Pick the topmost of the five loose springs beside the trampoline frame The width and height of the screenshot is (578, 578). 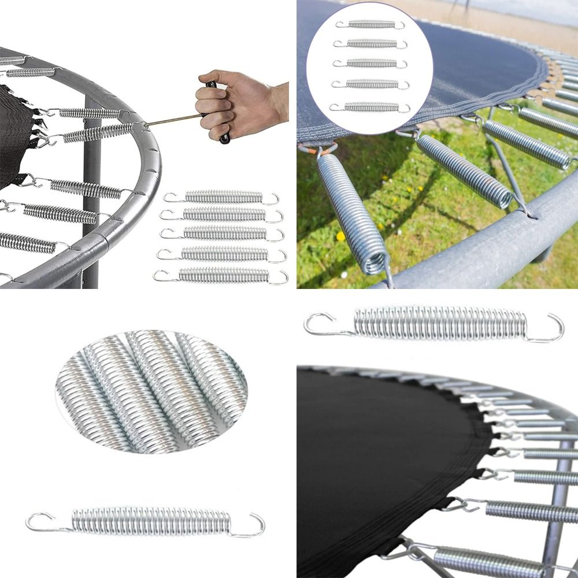coord(223,197)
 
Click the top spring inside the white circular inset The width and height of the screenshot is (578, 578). coord(370,24)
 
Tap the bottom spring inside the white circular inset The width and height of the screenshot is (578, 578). coord(370,107)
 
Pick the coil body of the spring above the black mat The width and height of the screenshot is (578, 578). coord(439,323)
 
